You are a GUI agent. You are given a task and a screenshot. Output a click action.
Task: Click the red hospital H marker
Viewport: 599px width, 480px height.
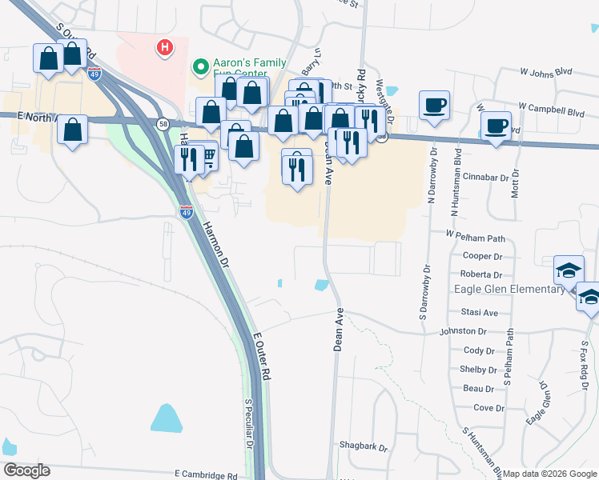[x=165, y=48]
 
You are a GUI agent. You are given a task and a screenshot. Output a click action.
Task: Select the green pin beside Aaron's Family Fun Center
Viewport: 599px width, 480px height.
[x=201, y=67]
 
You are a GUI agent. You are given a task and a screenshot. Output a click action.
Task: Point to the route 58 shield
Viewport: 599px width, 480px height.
[x=163, y=123]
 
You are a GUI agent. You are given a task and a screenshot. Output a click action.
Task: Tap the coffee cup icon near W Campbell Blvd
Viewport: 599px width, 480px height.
[x=496, y=126]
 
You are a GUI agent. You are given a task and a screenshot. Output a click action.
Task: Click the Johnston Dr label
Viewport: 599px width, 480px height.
[x=463, y=331]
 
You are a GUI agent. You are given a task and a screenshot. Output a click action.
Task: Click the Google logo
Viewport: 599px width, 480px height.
[x=26, y=470]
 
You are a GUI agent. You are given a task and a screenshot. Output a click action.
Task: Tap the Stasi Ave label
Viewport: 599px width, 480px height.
[x=480, y=313]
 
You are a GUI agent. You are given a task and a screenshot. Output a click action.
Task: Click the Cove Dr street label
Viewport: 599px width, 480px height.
[x=488, y=408]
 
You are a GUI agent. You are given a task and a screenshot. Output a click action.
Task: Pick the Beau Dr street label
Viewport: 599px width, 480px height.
[x=478, y=389]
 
